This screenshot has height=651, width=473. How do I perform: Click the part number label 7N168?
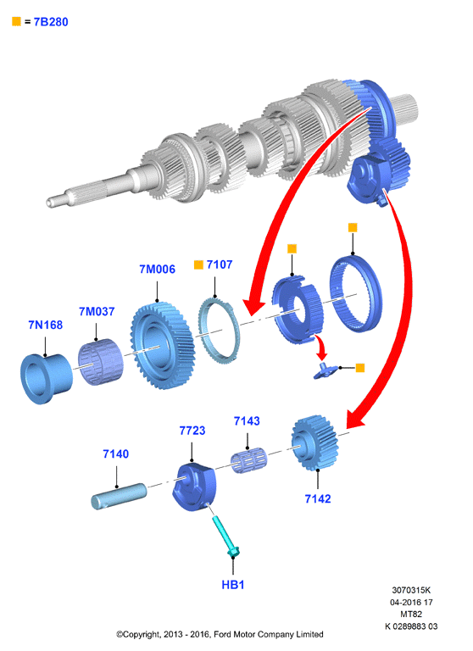pos(45,325)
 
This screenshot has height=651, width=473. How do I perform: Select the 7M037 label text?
pos(97,311)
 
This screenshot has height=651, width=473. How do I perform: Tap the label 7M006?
pos(157,269)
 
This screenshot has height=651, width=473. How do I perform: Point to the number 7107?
pos(220,264)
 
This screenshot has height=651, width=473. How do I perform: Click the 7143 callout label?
pos(247,421)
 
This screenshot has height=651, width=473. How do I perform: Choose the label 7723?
pos(192,431)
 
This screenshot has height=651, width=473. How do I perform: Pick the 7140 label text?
pos(116,453)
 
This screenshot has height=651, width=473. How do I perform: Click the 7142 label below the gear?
pos(318,498)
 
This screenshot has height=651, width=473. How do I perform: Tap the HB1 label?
pos(232,585)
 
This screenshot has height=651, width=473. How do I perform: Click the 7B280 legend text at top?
pos(51,22)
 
